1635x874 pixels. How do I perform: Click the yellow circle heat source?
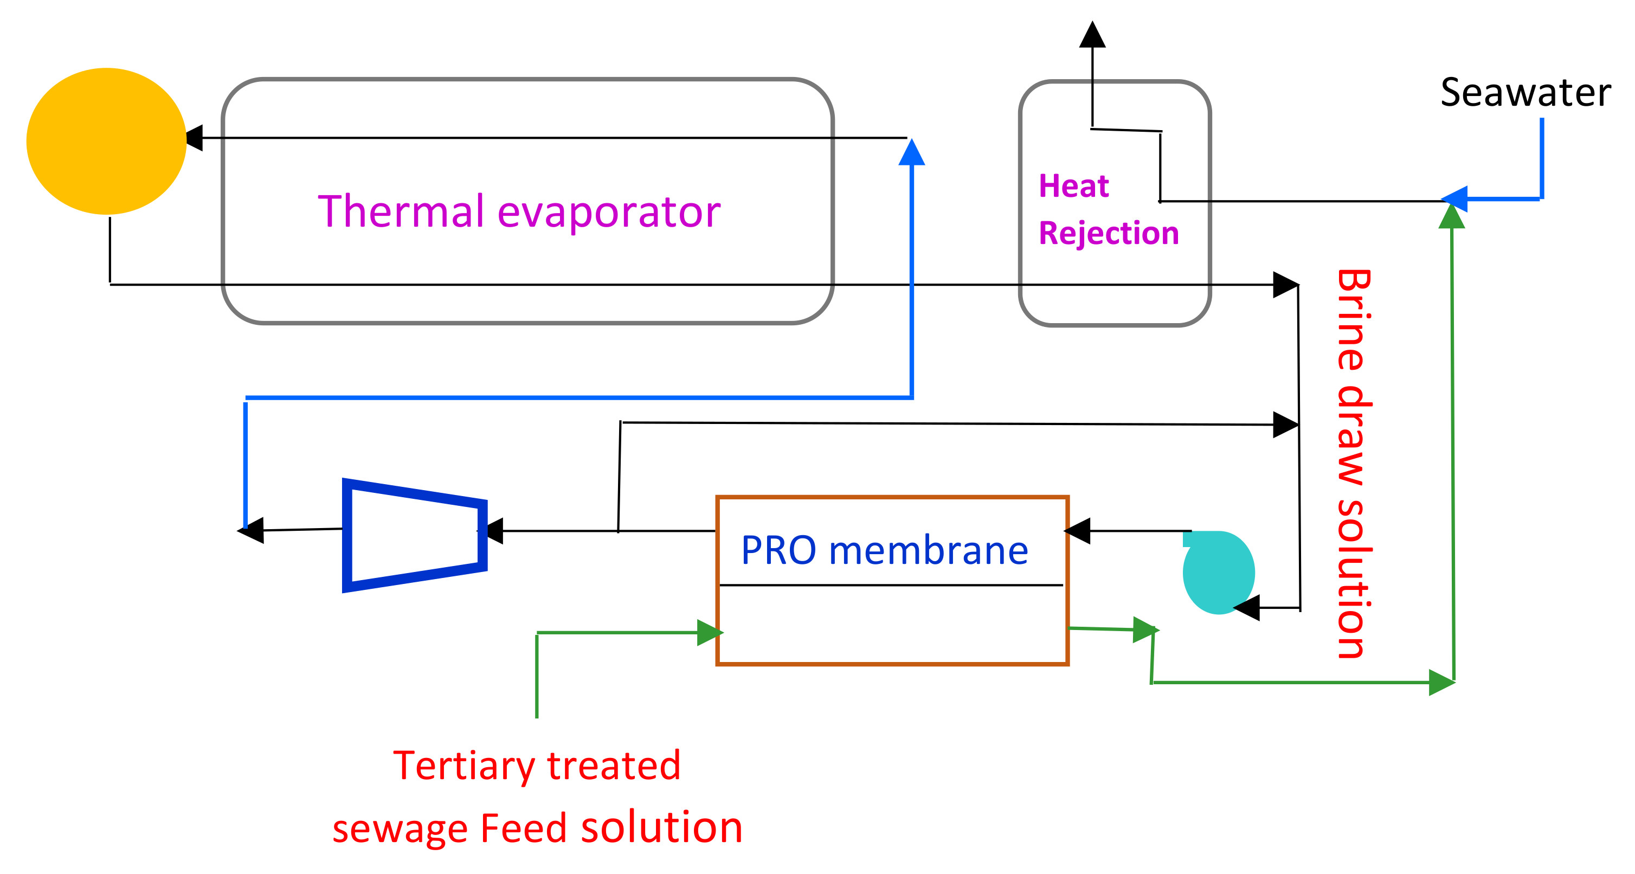point(106,141)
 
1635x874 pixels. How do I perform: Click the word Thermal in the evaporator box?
point(400,211)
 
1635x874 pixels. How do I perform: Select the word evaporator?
point(609,213)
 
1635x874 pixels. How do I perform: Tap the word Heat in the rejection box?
point(1073,186)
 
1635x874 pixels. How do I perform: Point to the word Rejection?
point(1108,233)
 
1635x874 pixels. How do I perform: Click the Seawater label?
point(1524,93)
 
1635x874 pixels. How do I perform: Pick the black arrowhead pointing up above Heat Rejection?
point(1092,35)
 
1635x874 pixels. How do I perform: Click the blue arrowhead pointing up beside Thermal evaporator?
point(911,153)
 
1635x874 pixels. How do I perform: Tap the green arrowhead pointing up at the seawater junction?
point(1452,216)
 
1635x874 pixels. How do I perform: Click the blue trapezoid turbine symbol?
point(413,535)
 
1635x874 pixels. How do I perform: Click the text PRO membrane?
point(884,550)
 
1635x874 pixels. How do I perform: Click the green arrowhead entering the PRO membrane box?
point(709,632)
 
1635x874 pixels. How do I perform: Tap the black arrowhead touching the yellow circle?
point(194,138)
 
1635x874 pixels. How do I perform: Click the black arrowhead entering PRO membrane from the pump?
point(1078,531)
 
